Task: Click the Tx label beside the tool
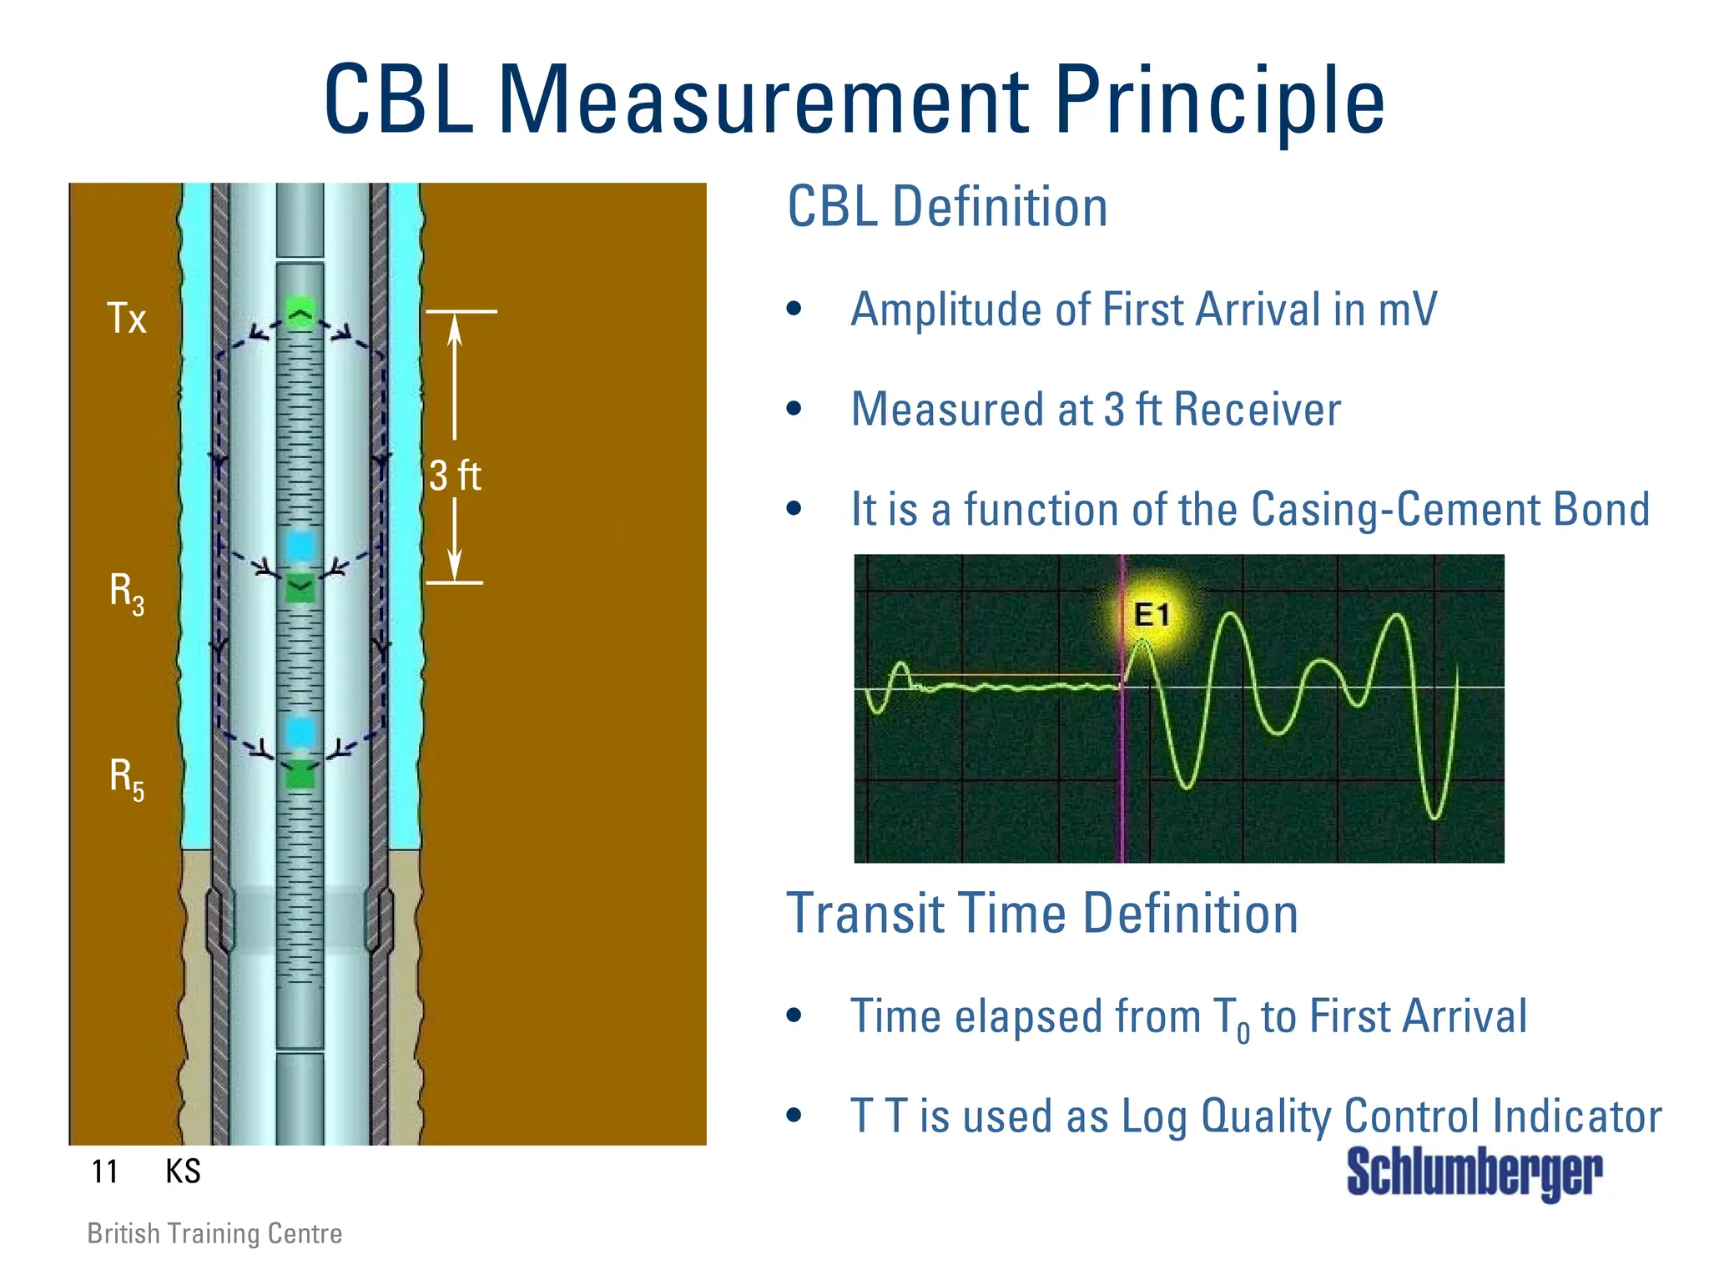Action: tap(127, 319)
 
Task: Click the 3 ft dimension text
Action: tap(455, 476)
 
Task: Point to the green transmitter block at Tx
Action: tap(300, 314)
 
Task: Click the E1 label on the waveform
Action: tap(1152, 615)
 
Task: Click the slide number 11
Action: tap(104, 1172)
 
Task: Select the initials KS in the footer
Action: tap(183, 1172)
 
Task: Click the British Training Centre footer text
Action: tap(214, 1233)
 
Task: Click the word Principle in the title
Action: tap(1218, 100)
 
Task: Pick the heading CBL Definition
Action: tap(947, 207)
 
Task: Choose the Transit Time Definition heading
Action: tap(1042, 914)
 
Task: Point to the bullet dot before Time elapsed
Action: tap(794, 1015)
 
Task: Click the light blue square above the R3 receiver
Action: tap(300, 547)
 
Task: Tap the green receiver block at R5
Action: tap(300, 775)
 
